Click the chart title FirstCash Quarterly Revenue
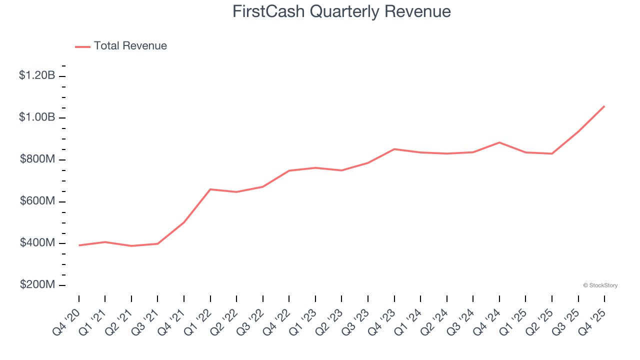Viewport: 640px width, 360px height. (x=341, y=11)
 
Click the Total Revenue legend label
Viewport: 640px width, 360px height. (x=130, y=46)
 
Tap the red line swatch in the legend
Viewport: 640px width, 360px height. (x=82, y=46)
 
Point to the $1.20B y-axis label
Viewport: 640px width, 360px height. (x=37, y=75)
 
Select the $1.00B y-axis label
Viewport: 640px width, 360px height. (x=37, y=117)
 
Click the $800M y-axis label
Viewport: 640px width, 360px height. (x=37, y=159)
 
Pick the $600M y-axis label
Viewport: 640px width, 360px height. (x=37, y=201)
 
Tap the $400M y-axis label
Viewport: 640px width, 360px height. (x=37, y=242)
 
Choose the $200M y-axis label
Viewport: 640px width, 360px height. (x=37, y=284)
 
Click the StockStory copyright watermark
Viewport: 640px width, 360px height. (x=600, y=285)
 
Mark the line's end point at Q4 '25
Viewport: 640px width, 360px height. (x=604, y=106)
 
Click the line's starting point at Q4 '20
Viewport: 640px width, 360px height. (x=79, y=245)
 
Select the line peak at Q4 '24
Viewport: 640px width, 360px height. (x=499, y=142)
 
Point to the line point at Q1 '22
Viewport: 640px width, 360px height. (x=210, y=189)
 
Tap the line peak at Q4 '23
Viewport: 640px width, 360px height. (x=394, y=149)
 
